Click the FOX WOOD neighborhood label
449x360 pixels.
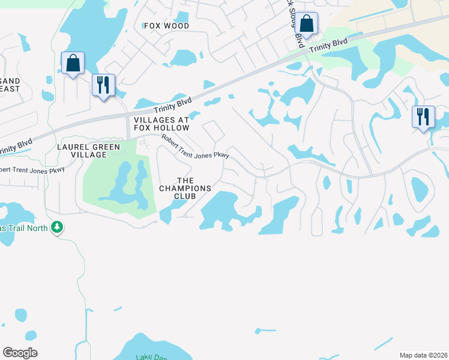pos(167,26)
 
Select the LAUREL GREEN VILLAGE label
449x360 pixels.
pos(88,151)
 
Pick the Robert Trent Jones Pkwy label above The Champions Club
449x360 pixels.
pos(195,146)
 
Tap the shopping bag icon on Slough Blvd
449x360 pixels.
pos(306,24)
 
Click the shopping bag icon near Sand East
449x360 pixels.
pos(73,63)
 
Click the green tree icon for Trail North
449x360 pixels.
pos(57,227)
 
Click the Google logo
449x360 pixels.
pos(20,353)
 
